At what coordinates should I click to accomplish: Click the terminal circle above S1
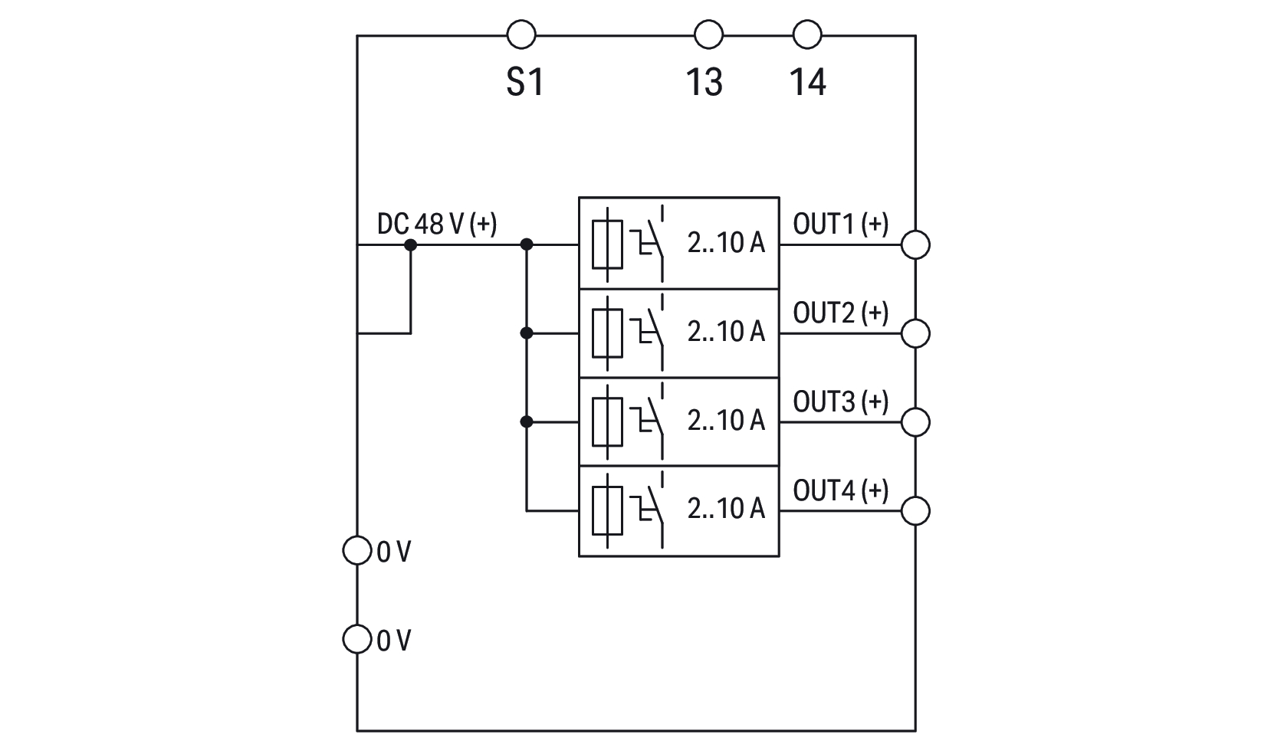[x=521, y=34]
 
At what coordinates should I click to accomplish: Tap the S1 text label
[x=525, y=82]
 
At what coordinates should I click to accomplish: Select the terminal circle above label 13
[x=708, y=34]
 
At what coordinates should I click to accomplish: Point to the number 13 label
[x=704, y=82]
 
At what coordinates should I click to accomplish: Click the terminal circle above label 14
[x=806, y=34]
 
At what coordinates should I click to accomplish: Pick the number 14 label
[x=808, y=82]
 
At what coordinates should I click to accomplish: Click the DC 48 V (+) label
[x=437, y=224]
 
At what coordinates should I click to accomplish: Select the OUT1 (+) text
[x=840, y=224]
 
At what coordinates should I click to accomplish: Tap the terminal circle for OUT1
[x=915, y=245]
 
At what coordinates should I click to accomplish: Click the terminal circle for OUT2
[x=915, y=333]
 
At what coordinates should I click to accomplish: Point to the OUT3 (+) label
[x=840, y=402]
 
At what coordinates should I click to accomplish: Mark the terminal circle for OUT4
[x=915, y=510]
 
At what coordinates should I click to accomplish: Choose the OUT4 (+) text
[x=840, y=490]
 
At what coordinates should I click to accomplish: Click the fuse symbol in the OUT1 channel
[x=607, y=244]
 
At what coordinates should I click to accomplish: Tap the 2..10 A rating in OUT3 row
[x=726, y=420]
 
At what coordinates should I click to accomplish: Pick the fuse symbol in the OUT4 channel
[x=607, y=510]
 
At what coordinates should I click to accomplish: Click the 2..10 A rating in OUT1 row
[x=726, y=243]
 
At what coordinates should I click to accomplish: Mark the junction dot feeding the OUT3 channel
[x=526, y=421]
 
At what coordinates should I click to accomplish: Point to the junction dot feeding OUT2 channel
[x=526, y=333]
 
